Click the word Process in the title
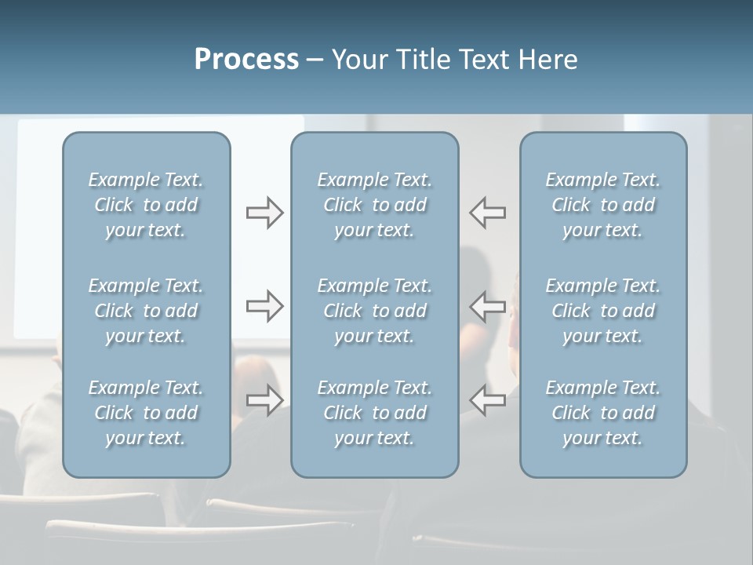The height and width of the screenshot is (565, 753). point(246,60)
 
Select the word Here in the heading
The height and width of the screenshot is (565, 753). point(547,60)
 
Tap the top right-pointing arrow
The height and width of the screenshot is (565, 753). point(264,213)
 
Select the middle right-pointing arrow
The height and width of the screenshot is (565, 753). point(264,306)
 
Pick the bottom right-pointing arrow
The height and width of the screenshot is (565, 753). point(264,400)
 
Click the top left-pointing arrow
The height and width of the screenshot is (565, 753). point(488,213)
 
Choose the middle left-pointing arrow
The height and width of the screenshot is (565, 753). point(488,306)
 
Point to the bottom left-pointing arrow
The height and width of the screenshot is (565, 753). point(488,400)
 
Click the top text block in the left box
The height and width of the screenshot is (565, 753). point(146,205)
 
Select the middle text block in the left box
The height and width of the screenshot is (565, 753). point(146,311)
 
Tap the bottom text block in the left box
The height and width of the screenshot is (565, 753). point(146,413)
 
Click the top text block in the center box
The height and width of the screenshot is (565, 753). point(374,205)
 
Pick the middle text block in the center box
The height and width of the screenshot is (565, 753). point(374,311)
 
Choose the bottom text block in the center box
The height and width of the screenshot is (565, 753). point(374,413)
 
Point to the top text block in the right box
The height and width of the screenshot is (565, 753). point(602,205)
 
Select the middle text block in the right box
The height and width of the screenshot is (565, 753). point(602,311)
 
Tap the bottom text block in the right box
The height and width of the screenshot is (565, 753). point(602,413)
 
